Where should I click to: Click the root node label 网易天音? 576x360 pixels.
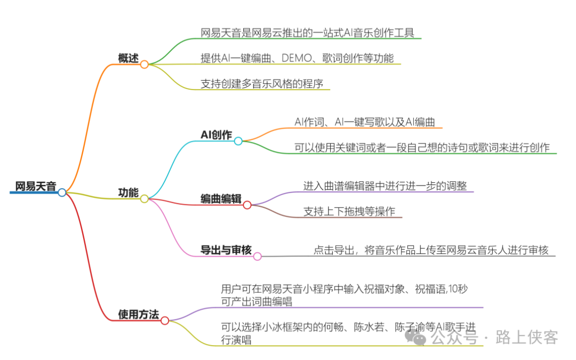36,186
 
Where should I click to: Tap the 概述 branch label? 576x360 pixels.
128,58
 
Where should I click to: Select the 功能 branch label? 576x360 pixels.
128,193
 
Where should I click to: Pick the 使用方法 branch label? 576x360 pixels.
139,315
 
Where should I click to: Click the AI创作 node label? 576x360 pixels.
216,135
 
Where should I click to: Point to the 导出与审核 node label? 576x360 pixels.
226,250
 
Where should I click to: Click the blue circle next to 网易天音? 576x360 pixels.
62,193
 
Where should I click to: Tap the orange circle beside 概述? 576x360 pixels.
144,64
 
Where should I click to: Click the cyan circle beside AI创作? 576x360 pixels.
238,141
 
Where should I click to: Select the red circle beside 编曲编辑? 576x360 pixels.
247,205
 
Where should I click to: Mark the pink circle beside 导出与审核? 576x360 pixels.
257,256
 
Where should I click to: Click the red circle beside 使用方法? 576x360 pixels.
165,321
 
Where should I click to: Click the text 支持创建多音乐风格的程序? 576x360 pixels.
262,83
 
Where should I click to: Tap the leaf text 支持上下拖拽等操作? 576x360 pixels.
349,211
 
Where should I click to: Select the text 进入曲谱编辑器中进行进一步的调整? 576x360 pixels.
385,186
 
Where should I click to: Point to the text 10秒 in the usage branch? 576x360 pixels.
457,289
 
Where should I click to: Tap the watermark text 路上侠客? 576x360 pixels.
526,337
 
